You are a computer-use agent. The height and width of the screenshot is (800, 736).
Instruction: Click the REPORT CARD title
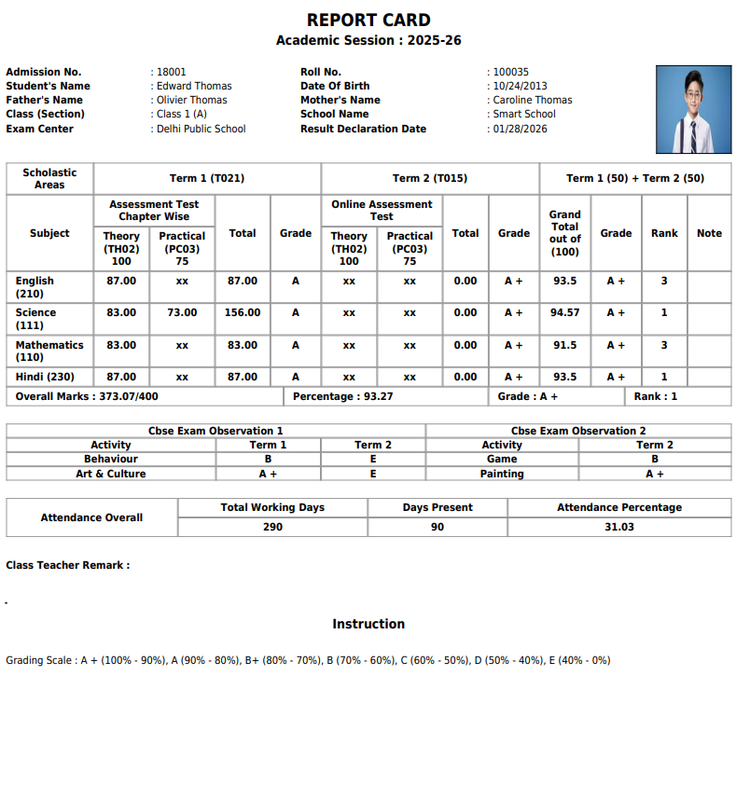(368, 21)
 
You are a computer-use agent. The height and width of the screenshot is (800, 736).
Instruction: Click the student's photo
(693, 109)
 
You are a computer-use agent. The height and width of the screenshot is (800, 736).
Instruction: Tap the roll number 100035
(510, 72)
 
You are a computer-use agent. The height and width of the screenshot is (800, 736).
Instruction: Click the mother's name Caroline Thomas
(532, 100)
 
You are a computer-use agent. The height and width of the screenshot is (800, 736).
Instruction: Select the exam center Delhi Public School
(201, 129)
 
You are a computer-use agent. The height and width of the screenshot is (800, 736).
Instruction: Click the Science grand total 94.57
(564, 313)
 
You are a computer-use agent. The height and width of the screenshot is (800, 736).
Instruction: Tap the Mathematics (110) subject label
(49, 351)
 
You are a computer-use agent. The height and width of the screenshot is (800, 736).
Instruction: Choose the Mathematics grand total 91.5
(564, 345)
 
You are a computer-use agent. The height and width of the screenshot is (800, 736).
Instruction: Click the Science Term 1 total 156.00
(243, 313)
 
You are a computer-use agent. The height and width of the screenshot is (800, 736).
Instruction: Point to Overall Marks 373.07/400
(87, 396)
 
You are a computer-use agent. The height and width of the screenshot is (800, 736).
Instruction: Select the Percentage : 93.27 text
(342, 396)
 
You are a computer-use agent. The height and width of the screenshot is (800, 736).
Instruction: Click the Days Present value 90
(437, 527)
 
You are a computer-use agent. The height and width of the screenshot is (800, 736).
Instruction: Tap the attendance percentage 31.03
(618, 527)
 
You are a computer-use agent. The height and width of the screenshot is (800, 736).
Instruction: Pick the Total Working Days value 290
(272, 527)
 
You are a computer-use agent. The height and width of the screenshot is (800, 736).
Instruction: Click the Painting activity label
(502, 474)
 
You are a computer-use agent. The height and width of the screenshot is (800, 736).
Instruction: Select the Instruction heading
(368, 624)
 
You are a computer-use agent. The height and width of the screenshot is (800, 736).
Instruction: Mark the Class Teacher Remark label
(68, 565)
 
